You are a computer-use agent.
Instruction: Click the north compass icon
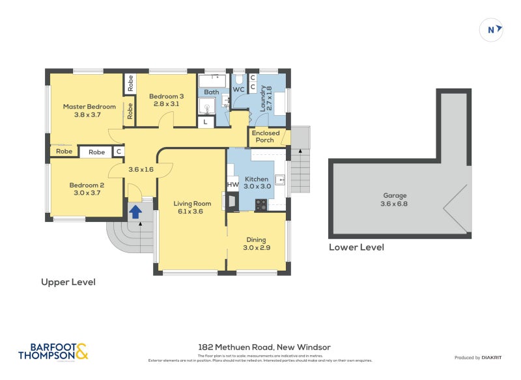492,29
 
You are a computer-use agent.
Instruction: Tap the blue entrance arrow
136,211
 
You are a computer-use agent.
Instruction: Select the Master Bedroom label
89,111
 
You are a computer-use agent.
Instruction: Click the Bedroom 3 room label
169,100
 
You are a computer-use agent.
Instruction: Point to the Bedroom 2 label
87,189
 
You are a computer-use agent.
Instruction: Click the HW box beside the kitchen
232,185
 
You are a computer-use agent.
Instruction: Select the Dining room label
256,243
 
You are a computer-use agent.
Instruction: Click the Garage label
395,199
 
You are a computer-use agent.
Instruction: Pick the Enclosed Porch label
266,137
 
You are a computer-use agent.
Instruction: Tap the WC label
238,89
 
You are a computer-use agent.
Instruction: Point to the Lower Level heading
356,247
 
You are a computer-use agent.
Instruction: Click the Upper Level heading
68,282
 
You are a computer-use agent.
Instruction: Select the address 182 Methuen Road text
264,347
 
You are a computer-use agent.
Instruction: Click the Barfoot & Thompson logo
53,351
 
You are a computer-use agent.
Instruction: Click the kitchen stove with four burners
260,204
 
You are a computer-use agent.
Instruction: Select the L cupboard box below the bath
206,122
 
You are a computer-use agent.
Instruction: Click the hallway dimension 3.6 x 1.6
141,169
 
